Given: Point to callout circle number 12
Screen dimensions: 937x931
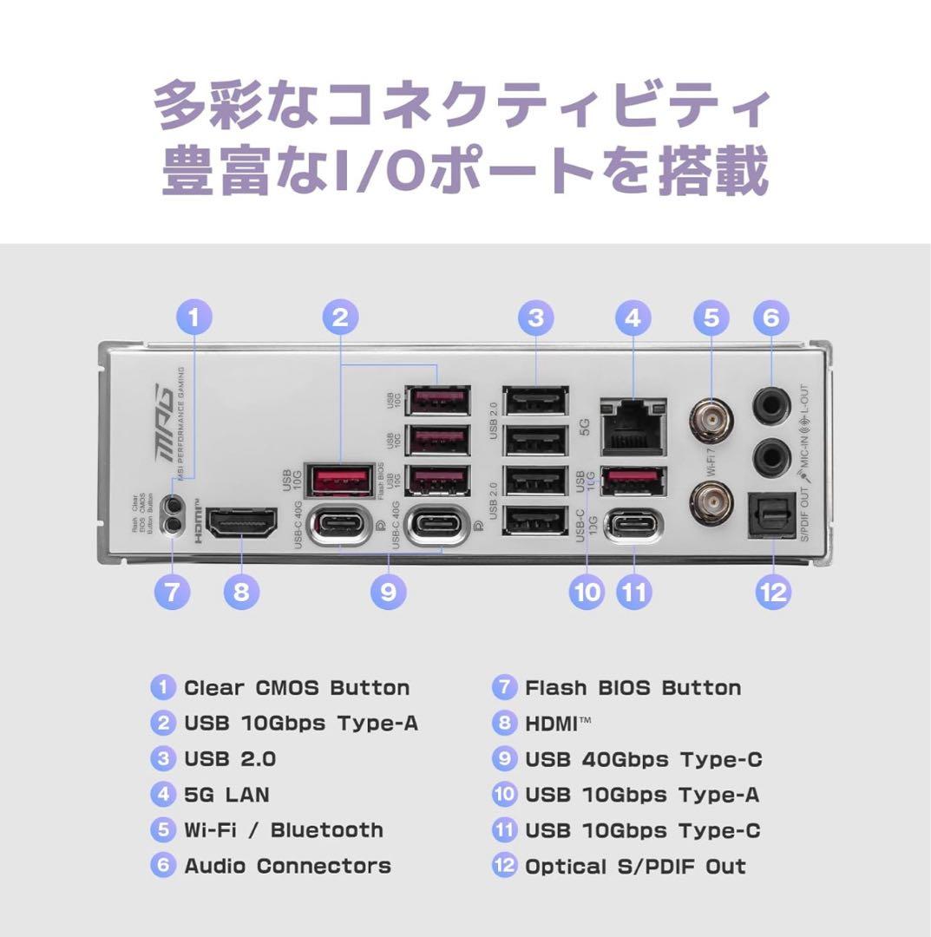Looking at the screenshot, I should tap(772, 593).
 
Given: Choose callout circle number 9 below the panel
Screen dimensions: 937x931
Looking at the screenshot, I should tap(388, 593).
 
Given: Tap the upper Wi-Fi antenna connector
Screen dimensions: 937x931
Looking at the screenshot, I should tap(711, 421).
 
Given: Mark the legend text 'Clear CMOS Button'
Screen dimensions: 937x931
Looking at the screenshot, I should tap(297, 688).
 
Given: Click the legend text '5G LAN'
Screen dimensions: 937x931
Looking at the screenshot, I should tap(226, 795).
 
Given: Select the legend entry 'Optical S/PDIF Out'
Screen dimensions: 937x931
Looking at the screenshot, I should tap(635, 866).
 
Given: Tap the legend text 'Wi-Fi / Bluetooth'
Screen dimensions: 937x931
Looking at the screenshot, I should tap(283, 830).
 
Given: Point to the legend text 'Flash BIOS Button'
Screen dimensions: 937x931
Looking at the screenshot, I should tap(633, 688).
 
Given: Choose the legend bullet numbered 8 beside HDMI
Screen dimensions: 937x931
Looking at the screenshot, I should tap(504, 724).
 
